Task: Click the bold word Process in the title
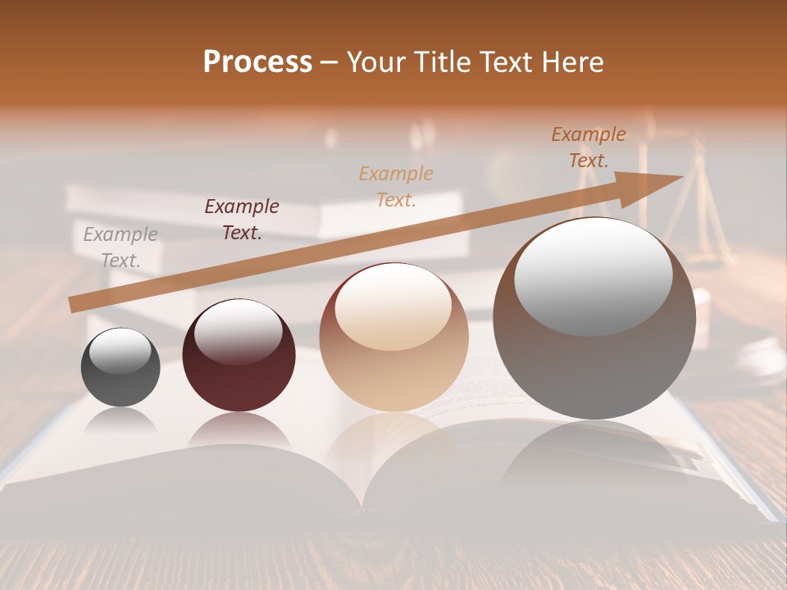tap(257, 62)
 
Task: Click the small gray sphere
tap(121, 367)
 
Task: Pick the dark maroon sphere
tap(239, 356)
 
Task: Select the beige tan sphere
tap(393, 337)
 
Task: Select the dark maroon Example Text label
tap(242, 220)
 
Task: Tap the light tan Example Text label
tap(396, 186)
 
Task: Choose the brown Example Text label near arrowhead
tap(589, 147)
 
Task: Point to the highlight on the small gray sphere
tap(121, 352)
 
